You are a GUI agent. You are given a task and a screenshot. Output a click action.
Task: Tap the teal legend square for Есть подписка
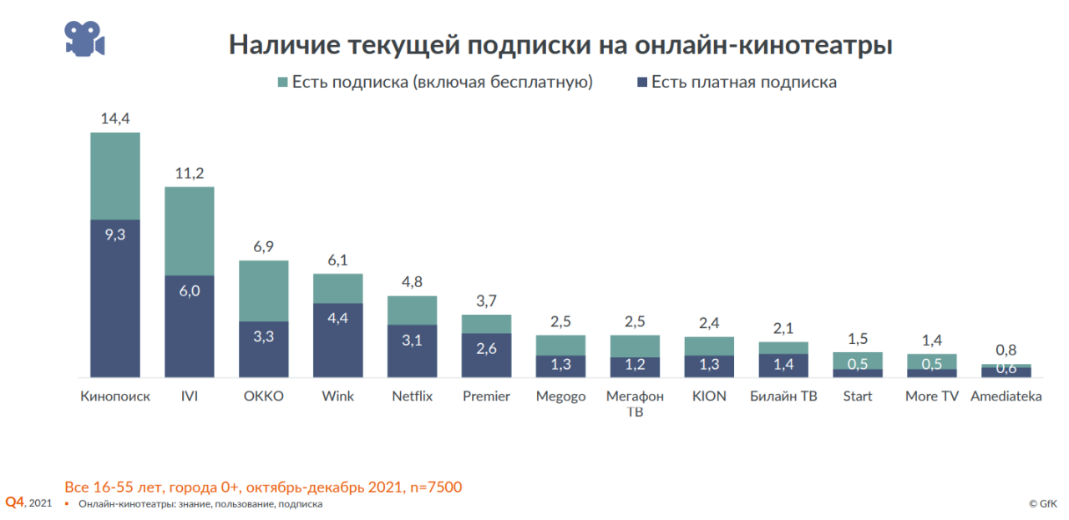point(282,83)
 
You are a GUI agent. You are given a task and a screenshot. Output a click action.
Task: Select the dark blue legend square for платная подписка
point(642,83)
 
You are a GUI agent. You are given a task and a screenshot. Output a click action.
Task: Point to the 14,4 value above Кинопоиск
point(115,119)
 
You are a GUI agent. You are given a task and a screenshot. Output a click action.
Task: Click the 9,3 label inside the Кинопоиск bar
point(115,235)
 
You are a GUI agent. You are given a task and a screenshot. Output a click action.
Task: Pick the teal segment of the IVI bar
point(190,231)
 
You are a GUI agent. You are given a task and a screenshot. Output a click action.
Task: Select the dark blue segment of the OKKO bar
point(264,349)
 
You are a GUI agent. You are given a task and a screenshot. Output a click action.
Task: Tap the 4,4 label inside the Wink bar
point(338,318)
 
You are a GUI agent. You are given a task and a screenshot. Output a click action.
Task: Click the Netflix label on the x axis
point(413,396)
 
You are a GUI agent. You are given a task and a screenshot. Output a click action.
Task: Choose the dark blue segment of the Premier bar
point(487,356)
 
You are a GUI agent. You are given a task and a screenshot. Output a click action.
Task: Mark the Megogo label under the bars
point(561,396)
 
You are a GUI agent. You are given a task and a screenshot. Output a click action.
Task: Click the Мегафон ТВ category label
point(635,403)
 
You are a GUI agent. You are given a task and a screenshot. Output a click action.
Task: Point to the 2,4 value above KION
point(709,323)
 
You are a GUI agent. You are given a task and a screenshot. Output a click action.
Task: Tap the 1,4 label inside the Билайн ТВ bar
point(783,364)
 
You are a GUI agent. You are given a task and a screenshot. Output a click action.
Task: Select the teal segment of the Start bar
point(858,360)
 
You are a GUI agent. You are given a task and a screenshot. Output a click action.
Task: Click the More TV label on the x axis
point(932,396)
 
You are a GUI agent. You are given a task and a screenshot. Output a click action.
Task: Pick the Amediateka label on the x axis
point(1006,396)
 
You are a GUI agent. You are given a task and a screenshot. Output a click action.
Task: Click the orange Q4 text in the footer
point(15,502)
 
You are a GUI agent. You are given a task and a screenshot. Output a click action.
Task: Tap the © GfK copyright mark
point(1044,504)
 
